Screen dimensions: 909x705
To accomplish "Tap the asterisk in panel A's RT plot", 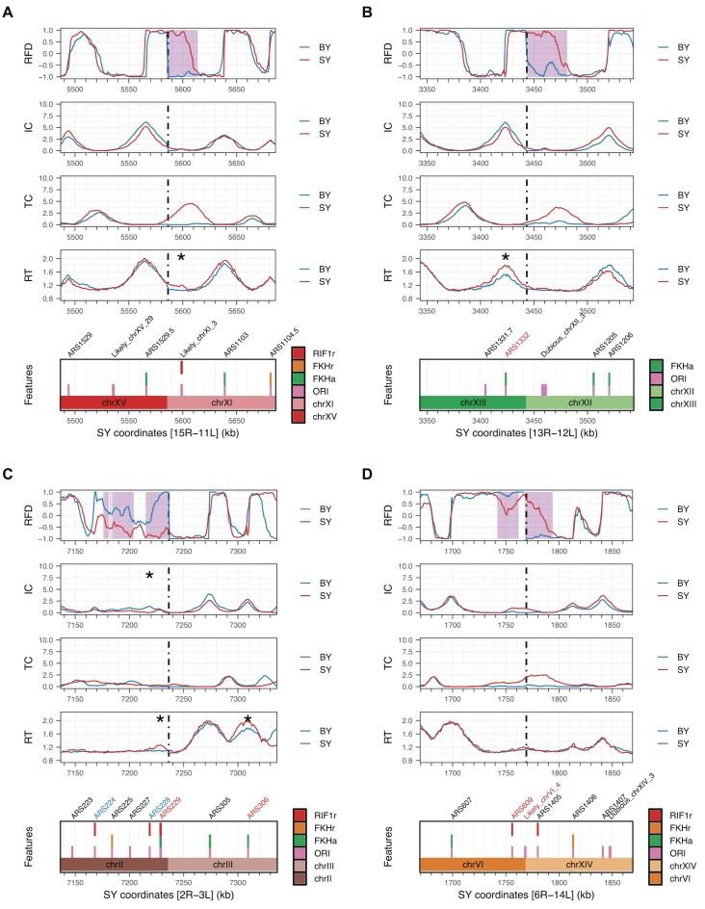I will (181, 257).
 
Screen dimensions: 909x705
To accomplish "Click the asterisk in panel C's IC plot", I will (149, 576).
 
